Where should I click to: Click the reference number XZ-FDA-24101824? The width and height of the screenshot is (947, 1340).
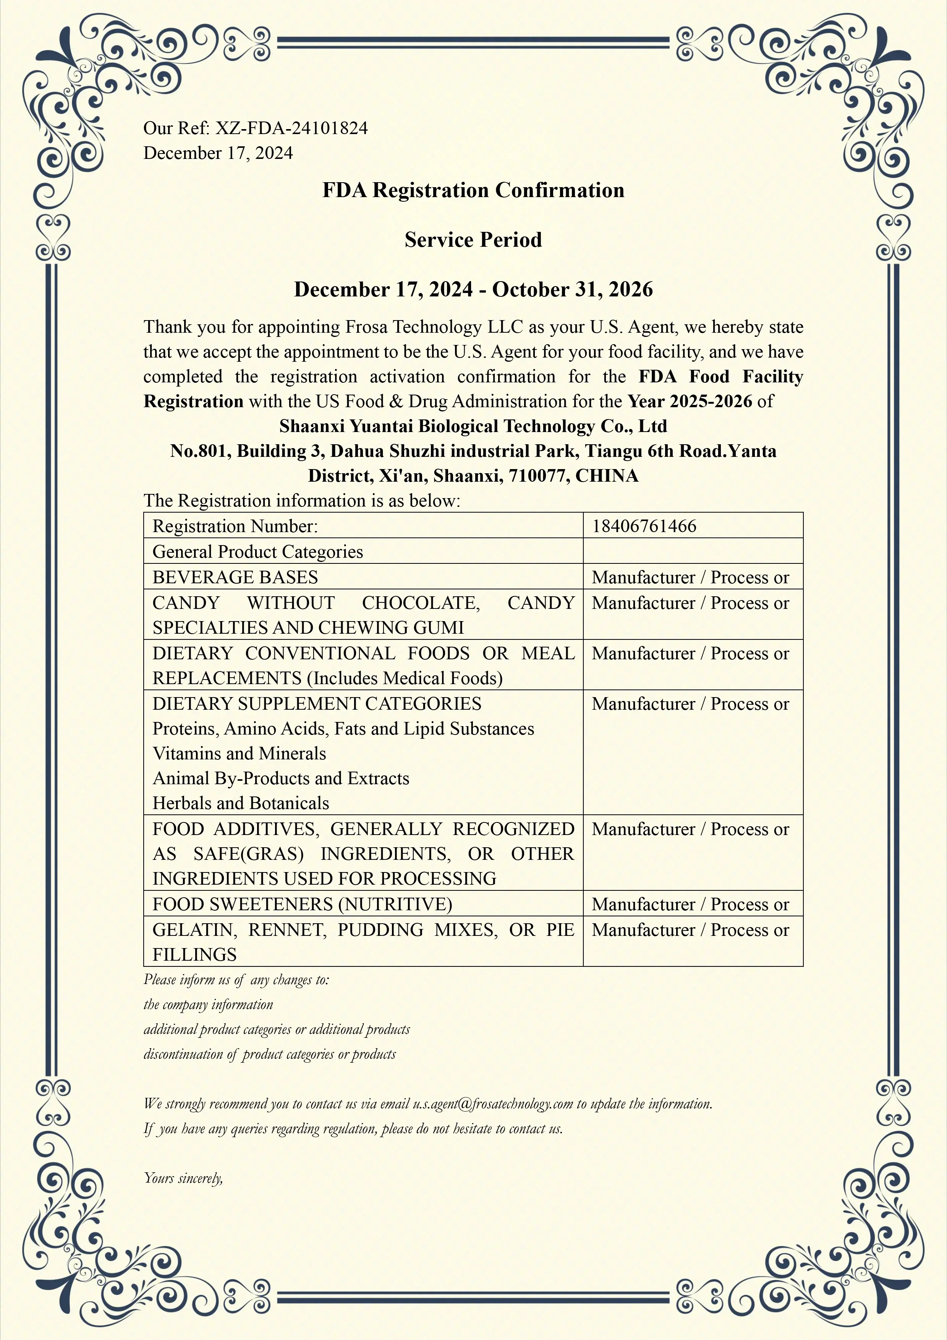pos(292,128)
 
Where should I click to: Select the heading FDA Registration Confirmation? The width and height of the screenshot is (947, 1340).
pos(473,190)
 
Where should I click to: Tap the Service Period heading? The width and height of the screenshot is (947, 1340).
pos(473,240)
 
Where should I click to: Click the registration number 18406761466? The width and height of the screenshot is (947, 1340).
pos(644,526)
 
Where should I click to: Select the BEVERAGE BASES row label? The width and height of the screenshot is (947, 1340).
pos(235,577)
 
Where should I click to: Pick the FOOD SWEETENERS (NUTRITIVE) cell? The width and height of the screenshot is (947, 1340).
pos(302,904)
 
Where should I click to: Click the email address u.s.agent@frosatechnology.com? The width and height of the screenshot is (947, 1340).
pos(493,1104)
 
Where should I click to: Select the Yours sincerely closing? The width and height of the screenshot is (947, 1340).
pos(183,1178)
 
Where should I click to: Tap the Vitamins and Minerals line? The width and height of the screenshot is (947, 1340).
pos(239,753)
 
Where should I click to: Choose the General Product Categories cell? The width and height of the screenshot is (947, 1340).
pos(257,552)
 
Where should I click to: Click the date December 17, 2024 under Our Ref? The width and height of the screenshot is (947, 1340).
pos(218,153)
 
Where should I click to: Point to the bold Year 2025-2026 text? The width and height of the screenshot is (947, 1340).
pos(690,401)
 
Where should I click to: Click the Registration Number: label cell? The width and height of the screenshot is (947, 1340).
pos(235,526)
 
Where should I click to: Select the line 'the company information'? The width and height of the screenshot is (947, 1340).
pos(208,1004)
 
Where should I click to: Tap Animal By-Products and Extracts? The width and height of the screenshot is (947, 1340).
pos(281,778)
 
